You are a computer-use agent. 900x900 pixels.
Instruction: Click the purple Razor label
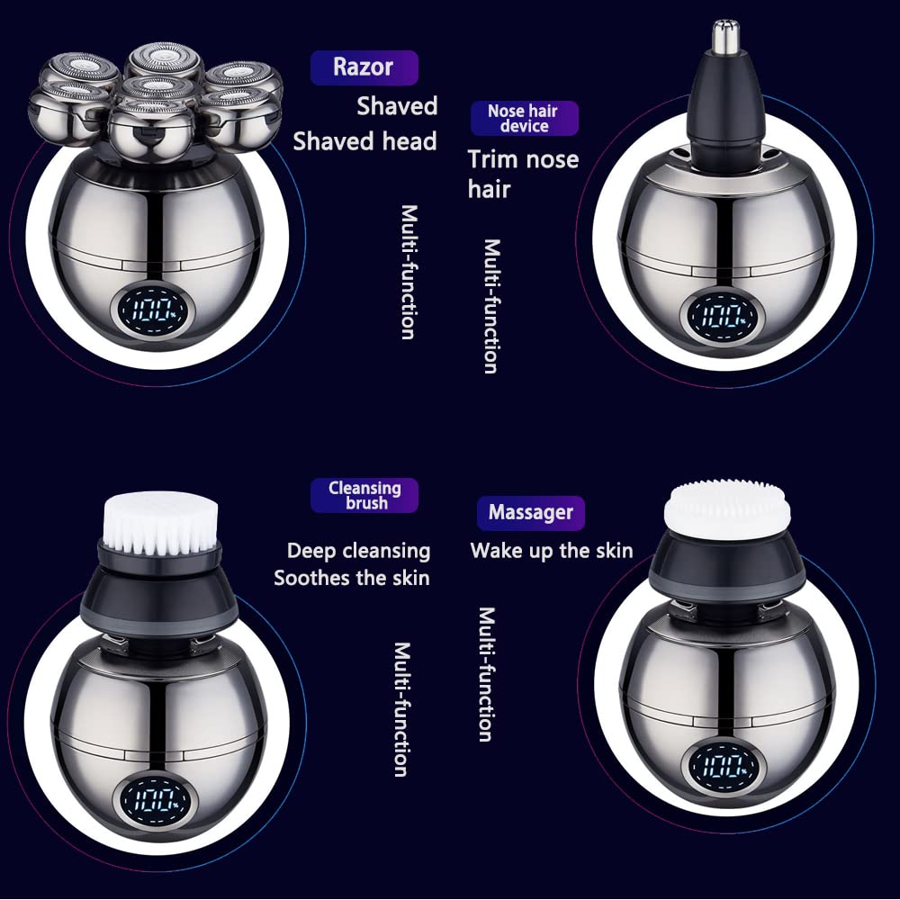coord(364,67)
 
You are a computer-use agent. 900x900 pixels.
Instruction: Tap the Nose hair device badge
coord(524,119)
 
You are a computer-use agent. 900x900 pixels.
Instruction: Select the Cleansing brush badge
coord(364,495)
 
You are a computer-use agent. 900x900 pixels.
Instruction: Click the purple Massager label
coord(530,513)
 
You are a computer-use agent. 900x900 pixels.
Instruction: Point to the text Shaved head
coord(364,141)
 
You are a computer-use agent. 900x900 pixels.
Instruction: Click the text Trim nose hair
coord(522,174)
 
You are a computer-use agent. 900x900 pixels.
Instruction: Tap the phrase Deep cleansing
coord(358,551)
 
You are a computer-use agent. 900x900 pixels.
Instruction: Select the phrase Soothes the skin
coord(352,578)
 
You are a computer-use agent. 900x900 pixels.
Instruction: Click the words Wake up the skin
coord(551,551)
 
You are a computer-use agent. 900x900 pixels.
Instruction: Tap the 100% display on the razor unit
coord(150,311)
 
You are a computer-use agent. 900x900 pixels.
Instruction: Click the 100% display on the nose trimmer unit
coord(724,316)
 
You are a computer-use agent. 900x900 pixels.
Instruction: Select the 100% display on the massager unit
coord(726,767)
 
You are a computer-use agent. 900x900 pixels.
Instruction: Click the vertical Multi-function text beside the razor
coord(409,272)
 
